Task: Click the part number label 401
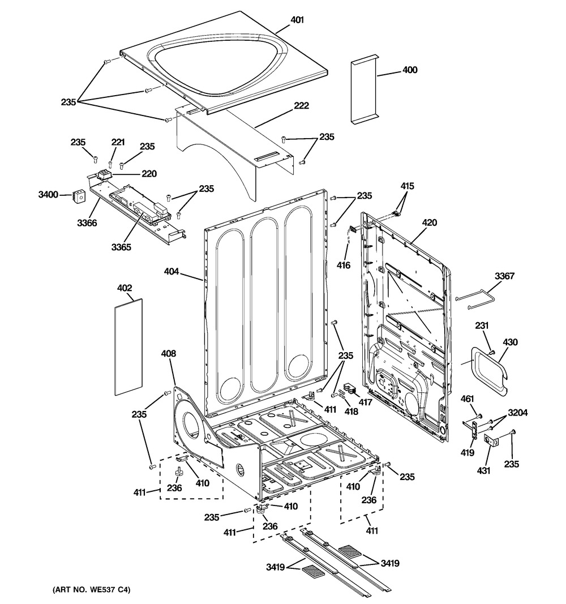[297, 20]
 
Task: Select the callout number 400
[410, 70]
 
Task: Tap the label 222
[301, 105]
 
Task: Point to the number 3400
[48, 195]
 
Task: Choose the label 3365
[122, 247]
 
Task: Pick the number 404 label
[172, 272]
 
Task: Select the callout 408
[169, 354]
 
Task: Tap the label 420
[430, 223]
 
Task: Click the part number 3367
[504, 276]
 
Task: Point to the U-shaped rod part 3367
[478, 298]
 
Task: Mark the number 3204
[517, 413]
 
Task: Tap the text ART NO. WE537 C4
[88, 590]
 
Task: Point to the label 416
[344, 265]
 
